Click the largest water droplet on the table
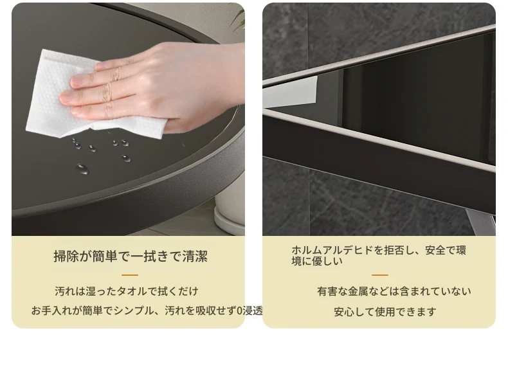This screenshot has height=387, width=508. (x=82, y=169)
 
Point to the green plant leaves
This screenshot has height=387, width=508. (x=239, y=16)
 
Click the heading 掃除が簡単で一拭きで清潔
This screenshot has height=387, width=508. (x=131, y=256)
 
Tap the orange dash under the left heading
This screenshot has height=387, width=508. (x=130, y=275)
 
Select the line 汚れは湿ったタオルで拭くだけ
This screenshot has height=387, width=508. (x=126, y=291)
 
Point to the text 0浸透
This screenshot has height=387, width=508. (x=249, y=310)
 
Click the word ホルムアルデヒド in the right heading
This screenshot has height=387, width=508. (x=332, y=250)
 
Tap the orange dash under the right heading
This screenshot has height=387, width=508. (x=380, y=275)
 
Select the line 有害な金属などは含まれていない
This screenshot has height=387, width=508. (x=394, y=291)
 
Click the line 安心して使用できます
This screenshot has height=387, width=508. (x=385, y=312)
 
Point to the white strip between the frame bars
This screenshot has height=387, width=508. (x=290, y=92)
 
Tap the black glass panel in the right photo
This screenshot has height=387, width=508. (x=418, y=97)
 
